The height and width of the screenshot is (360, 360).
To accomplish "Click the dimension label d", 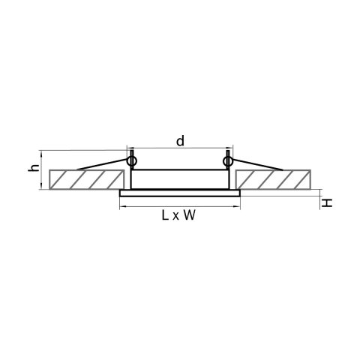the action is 180,141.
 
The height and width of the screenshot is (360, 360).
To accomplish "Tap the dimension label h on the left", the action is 34,168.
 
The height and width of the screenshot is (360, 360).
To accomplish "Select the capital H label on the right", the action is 327,202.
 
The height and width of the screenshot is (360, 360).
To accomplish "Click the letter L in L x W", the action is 165,215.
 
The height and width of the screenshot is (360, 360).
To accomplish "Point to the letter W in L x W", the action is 189,215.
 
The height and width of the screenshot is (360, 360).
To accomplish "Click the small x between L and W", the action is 176,217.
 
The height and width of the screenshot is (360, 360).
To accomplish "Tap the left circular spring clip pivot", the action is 132,161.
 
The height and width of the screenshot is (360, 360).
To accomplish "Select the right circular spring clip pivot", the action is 228,161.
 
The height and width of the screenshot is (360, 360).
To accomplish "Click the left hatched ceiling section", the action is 87,179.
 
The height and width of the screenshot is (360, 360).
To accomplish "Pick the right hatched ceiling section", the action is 273,179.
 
